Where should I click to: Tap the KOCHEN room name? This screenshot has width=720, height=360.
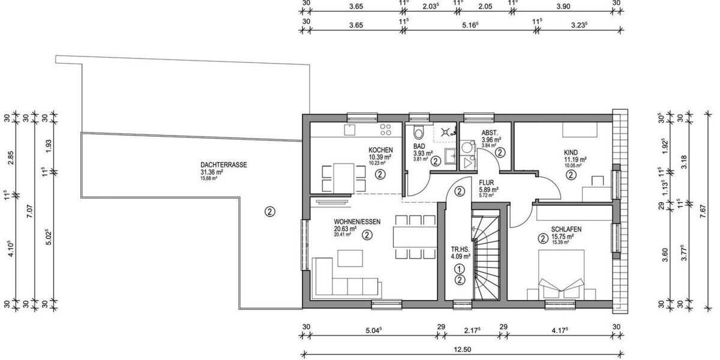point(380,150)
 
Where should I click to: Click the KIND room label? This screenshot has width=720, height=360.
point(571,152)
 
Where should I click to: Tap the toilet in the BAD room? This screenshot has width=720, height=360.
point(418,133)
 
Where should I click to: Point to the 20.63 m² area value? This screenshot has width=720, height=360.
point(346,229)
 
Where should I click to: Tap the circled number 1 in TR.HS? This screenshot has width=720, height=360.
point(459,269)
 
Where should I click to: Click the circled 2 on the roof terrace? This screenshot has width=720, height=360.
point(270,211)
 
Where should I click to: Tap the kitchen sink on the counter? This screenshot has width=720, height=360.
point(349,129)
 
